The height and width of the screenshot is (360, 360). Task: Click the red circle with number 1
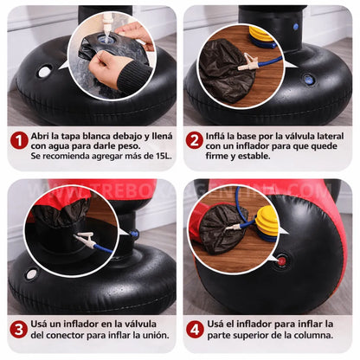(x=19, y=140)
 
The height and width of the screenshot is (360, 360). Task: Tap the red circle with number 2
(x=195, y=140)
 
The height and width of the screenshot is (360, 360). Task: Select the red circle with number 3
(x=19, y=329)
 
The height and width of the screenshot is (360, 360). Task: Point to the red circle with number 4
(x=195, y=329)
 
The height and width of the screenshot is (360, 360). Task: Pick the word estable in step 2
(x=295, y=157)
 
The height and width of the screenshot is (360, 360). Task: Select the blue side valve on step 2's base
(x=309, y=80)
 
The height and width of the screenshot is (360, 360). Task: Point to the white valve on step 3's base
(x=32, y=273)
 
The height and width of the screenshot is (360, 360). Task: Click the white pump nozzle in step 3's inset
(x=86, y=239)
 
